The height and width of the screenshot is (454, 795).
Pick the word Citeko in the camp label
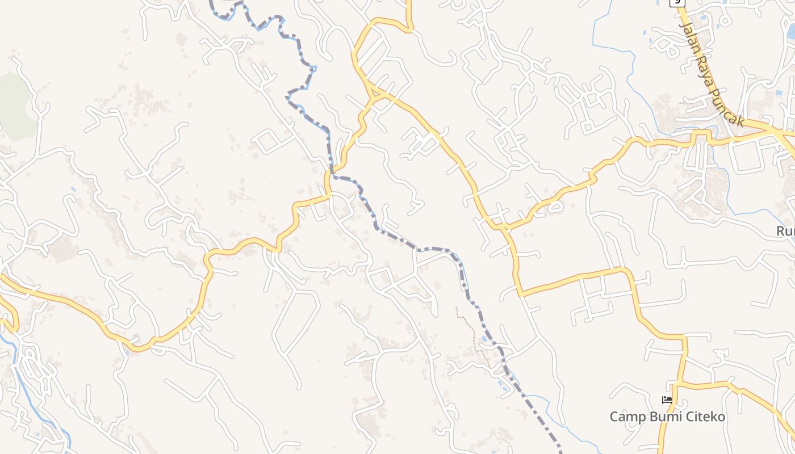(706, 417)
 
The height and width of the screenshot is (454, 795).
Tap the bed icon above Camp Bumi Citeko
(667, 401)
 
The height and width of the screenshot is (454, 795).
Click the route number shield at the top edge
(677, 2)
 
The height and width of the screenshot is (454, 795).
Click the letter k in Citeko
(714, 417)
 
